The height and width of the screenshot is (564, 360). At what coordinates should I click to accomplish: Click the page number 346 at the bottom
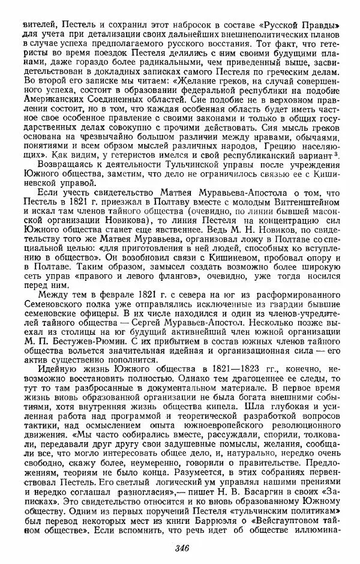182,546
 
